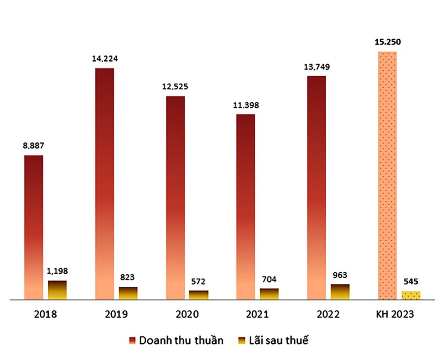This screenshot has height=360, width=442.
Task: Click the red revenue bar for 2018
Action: coord(34,227)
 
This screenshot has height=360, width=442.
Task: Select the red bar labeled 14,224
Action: coord(104,184)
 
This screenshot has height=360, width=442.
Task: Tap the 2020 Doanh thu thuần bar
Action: coord(175,198)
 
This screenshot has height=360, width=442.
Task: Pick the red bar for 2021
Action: coord(246,207)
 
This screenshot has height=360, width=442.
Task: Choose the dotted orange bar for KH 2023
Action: coord(387,176)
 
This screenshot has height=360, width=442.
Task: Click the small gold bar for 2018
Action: coord(57,290)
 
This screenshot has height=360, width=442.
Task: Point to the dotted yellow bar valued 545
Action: coord(411,295)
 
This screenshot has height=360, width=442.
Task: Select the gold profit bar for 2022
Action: coord(340,292)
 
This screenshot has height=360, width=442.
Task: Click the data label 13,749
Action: coord(316,67)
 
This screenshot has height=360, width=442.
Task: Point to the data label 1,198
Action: coord(57,271)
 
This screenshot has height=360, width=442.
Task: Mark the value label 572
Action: coord(198,281)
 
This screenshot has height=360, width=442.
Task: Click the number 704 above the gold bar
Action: coord(269,279)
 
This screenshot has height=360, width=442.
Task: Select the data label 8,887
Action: coord(34,146)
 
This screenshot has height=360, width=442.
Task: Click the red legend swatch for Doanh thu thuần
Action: coord(132,341)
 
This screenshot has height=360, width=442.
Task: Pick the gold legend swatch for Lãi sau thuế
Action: coord(241,341)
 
